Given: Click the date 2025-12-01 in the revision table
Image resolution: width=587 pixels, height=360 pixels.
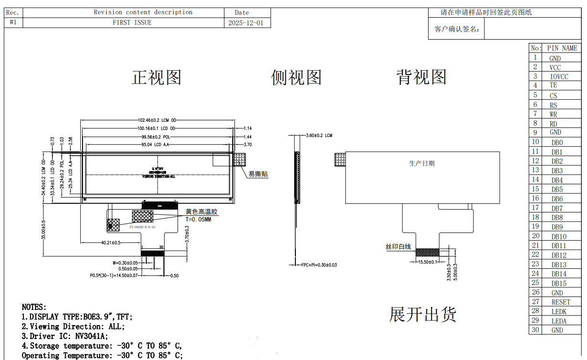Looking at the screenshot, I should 246,23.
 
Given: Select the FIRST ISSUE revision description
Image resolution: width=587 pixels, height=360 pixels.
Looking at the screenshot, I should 132,22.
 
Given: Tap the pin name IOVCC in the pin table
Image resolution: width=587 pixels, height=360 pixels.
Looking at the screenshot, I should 559,77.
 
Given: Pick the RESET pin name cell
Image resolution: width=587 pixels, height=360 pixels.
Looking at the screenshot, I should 561,302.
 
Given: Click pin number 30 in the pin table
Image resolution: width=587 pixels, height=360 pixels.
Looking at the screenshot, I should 535,330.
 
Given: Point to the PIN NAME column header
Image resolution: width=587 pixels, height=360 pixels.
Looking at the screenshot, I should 562,48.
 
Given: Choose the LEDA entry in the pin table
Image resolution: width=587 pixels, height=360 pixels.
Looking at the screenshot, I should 559,321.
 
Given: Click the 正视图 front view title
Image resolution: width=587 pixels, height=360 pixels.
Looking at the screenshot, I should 157,77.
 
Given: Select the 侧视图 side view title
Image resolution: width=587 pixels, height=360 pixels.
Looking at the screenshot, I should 296,77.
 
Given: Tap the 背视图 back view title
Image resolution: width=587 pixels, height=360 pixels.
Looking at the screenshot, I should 421,77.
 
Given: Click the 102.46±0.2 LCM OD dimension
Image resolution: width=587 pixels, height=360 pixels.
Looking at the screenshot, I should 157,121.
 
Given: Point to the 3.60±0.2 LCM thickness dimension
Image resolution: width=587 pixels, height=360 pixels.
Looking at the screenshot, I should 319,136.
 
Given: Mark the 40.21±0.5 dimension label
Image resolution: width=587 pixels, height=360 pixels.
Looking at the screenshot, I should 111,243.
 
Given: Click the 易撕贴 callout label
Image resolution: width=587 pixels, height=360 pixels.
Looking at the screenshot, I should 258,174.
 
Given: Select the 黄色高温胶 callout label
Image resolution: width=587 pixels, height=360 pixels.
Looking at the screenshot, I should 201,212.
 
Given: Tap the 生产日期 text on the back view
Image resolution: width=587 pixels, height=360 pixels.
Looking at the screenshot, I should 422,163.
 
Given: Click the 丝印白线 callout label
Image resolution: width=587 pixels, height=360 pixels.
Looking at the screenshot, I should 398,247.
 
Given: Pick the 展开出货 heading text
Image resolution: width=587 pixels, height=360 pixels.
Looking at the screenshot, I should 423,314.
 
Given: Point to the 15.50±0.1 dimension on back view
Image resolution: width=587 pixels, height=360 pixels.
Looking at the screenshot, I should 428,262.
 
